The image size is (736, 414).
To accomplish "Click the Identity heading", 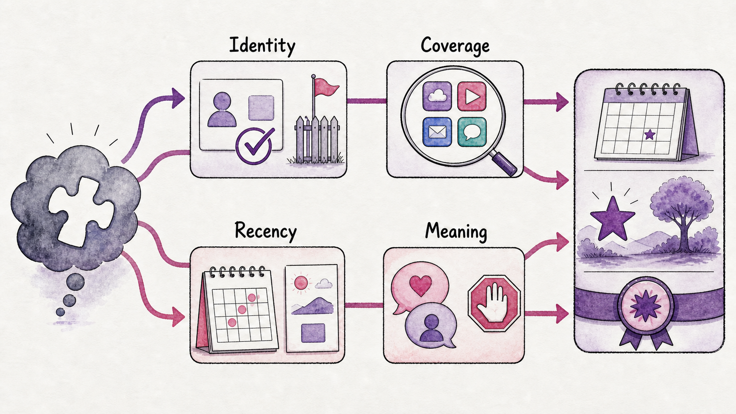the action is pyautogui.click(x=262, y=46).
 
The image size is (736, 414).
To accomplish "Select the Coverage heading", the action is pyautogui.click(x=455, y=45).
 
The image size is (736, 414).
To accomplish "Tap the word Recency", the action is pyautogui.click(x=265, y=231).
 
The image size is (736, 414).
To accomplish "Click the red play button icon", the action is pyautogui.click(x=471, y=96).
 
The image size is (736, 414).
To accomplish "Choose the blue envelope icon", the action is pyautogui.click(x=437, y=132).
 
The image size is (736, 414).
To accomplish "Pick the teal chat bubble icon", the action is pyautogui.click(x=472, y=132).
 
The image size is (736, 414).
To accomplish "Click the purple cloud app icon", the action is pyautogui.click(x=437, y=96).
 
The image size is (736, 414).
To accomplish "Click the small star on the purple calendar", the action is pyautogui.click(x=650, y=134).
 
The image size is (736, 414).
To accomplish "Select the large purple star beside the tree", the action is pyautogui.click(x=612, y=218).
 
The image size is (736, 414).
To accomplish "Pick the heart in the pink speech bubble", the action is pyautogui.click(x=420, y=285).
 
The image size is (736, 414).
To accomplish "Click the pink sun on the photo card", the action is pyautogui.click(x=301, y=283).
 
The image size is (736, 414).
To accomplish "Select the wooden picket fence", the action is pyautogui.click(x=317, y=139).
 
